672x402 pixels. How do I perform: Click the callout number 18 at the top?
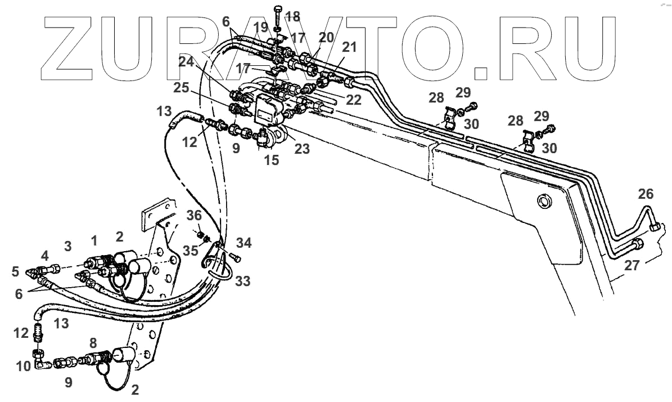292,16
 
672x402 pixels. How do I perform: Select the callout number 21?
349,48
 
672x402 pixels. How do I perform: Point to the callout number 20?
327,38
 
